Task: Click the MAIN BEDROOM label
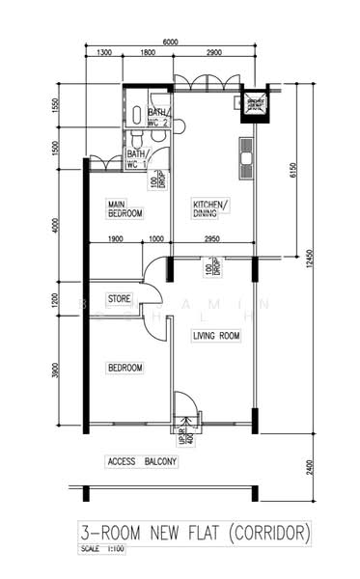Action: (x=125, y=207)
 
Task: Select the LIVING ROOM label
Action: (x=216, y=336)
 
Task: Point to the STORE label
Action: (x=119, y=298)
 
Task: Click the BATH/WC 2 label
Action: (x=159, y=117)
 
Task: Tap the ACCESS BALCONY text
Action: (x=143, y=461)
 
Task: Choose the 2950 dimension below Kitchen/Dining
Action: (x=213, y=238)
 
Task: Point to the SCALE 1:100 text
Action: (x=103, y=550)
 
